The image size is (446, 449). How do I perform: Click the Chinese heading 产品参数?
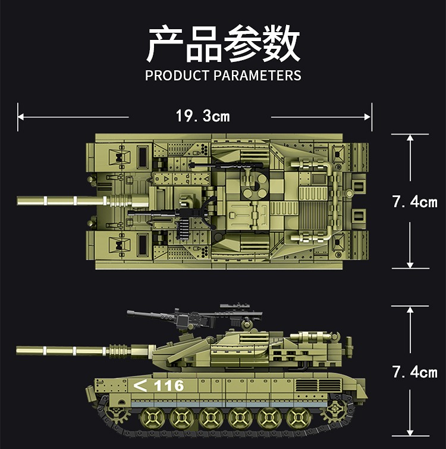click(x=223, y=43)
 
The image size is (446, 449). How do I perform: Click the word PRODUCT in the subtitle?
click(x=177, y=76)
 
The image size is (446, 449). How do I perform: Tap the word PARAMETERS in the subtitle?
click(x=257, y=76)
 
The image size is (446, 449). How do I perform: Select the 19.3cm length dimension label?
click(x=203, y=116)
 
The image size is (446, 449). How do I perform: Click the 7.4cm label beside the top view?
click(x=414, y=202)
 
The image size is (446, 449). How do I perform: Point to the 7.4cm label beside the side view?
click(x=414, y=372)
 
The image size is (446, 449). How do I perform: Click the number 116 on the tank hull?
click(x=169, y=386)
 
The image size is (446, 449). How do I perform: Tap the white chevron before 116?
click(x=140, y=385)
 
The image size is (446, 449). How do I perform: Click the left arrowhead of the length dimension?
click(x=21, y=117)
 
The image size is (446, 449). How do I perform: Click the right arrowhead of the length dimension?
click(x=368, y=117)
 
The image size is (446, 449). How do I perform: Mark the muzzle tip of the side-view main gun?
click(x=17, y=351)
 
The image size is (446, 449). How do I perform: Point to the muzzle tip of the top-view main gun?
click(x=18, y=201)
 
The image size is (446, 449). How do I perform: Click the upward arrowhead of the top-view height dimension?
click(x=410, y=138)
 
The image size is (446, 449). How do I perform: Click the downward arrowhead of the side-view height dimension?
click(x=410, y=432)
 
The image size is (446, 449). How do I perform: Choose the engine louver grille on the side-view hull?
click(x=318, y=385)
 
